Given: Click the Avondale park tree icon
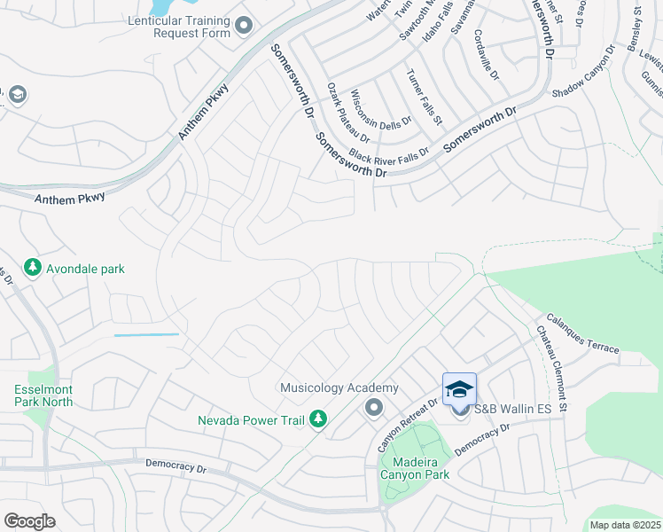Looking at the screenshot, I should pos(33,267).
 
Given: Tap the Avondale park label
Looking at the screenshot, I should pos(85,269).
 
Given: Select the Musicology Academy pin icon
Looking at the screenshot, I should pos(373,408).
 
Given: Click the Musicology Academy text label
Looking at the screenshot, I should pos(339,388).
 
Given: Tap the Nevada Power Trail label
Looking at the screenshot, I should pos(251,420).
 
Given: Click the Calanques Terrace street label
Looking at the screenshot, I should pos(582,333).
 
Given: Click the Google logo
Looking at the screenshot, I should pos(29,521).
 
